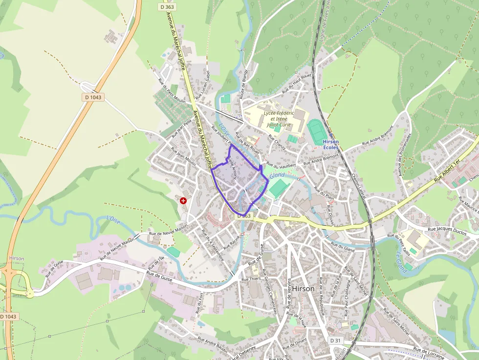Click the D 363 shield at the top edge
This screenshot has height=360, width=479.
167,7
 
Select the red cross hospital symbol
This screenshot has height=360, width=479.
183,200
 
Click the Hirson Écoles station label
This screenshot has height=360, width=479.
330,144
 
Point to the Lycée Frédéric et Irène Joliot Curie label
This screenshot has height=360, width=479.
279,119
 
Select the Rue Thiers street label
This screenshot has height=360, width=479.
251,278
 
